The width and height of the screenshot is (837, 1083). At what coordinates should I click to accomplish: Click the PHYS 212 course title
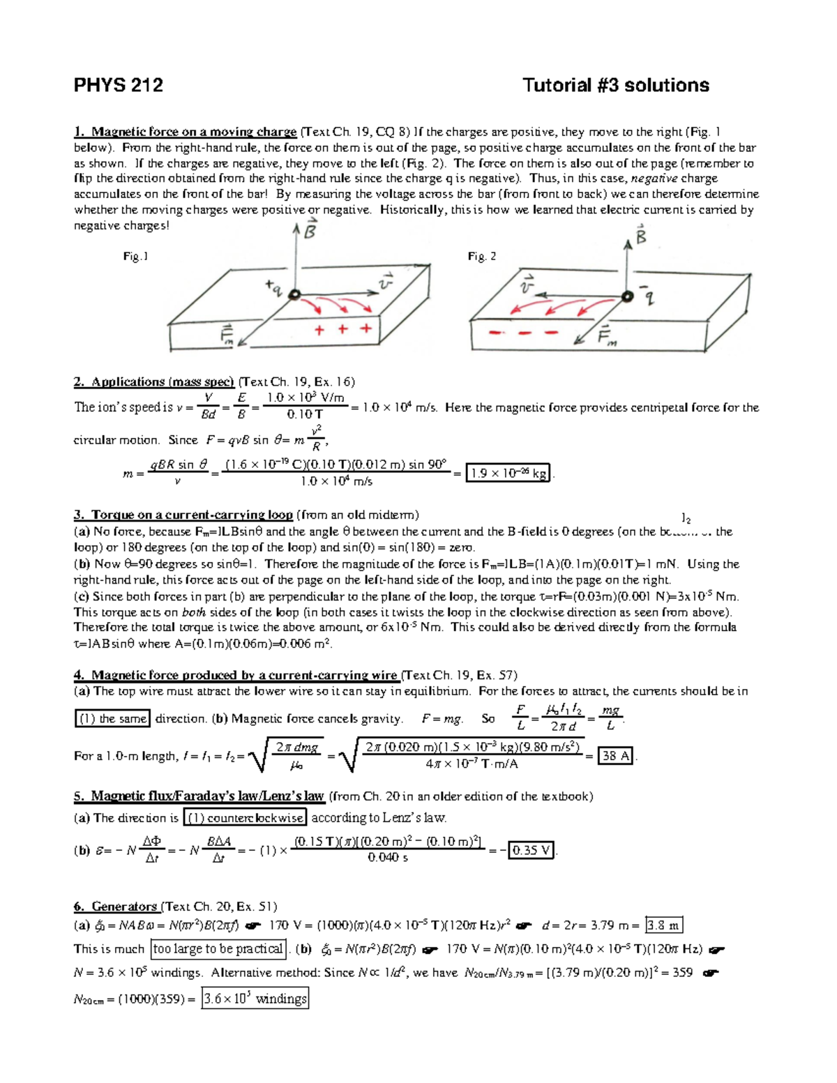118,85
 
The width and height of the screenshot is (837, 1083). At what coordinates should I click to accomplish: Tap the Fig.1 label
135,257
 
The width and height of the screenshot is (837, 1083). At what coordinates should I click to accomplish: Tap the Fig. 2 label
482,257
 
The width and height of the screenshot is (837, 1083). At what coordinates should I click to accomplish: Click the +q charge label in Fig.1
274,287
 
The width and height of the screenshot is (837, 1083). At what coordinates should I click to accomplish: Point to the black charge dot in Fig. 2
627,296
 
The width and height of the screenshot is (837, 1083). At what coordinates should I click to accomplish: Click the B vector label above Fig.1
309,229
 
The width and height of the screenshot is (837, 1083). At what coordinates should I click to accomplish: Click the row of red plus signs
342,329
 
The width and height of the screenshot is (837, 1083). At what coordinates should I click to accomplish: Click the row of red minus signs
523,333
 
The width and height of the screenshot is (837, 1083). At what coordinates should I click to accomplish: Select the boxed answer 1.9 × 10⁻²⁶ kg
508,474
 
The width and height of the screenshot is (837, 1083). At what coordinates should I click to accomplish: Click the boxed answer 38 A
616,756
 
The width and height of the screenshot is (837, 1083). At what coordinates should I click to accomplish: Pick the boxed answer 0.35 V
531,850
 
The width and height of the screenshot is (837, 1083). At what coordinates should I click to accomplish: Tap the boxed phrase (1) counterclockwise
245,818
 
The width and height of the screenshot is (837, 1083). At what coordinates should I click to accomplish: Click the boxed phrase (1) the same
112,719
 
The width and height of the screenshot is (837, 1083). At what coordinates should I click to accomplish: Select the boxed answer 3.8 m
663,925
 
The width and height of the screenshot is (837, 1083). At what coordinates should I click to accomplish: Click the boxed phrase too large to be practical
218,948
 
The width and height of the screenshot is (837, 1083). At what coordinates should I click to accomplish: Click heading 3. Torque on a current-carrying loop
183,515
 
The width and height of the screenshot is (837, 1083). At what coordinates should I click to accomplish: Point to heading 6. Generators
116,907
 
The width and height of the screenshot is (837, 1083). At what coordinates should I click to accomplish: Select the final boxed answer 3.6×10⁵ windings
255,999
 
